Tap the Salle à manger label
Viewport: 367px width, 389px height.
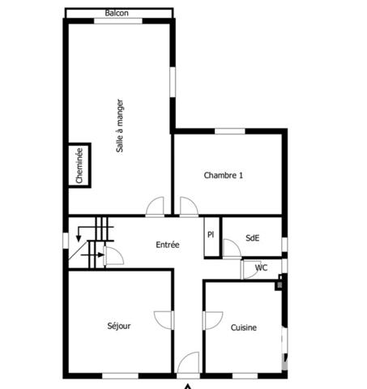[x=120, y=126]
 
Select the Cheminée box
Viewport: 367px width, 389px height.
[x=79, y=166]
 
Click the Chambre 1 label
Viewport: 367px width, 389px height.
[x=223, y=175]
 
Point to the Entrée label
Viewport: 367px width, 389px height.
[x=168, y=245]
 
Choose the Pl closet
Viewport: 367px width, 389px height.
[x=211, y=237]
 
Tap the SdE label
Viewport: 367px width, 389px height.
[x=252, y=237]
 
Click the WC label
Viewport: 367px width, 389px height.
[x=261, y=268]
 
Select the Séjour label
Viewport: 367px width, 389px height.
[x=119, y=326]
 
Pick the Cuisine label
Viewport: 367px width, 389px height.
[x=244, y=327]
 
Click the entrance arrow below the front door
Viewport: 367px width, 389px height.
[x=189, y=385]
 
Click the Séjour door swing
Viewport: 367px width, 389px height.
[x=162, y=318]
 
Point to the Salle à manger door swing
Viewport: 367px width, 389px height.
[x=156, y=207]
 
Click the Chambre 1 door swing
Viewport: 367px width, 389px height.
[x=189, y=207]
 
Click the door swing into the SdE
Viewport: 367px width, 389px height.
[x=232, y=249]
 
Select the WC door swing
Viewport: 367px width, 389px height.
[x=250, y=269]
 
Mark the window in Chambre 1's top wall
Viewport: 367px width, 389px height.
[x=230, y=130]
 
